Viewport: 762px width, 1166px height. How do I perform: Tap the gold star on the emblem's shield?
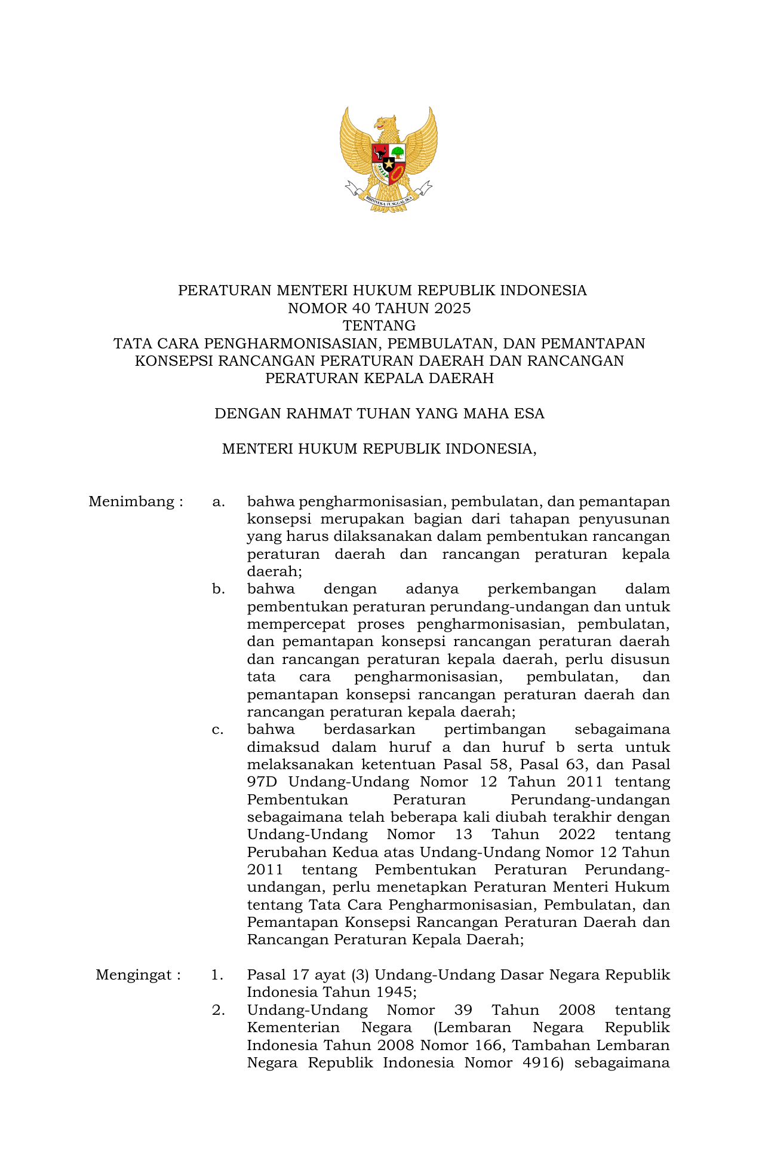point(389,163)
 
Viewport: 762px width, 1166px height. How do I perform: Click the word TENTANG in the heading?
point(379,326)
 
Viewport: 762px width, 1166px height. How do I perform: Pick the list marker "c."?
point(218,730)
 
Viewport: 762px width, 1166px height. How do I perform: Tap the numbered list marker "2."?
point(218,1011)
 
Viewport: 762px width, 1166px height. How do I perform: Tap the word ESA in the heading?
point(528,414)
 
